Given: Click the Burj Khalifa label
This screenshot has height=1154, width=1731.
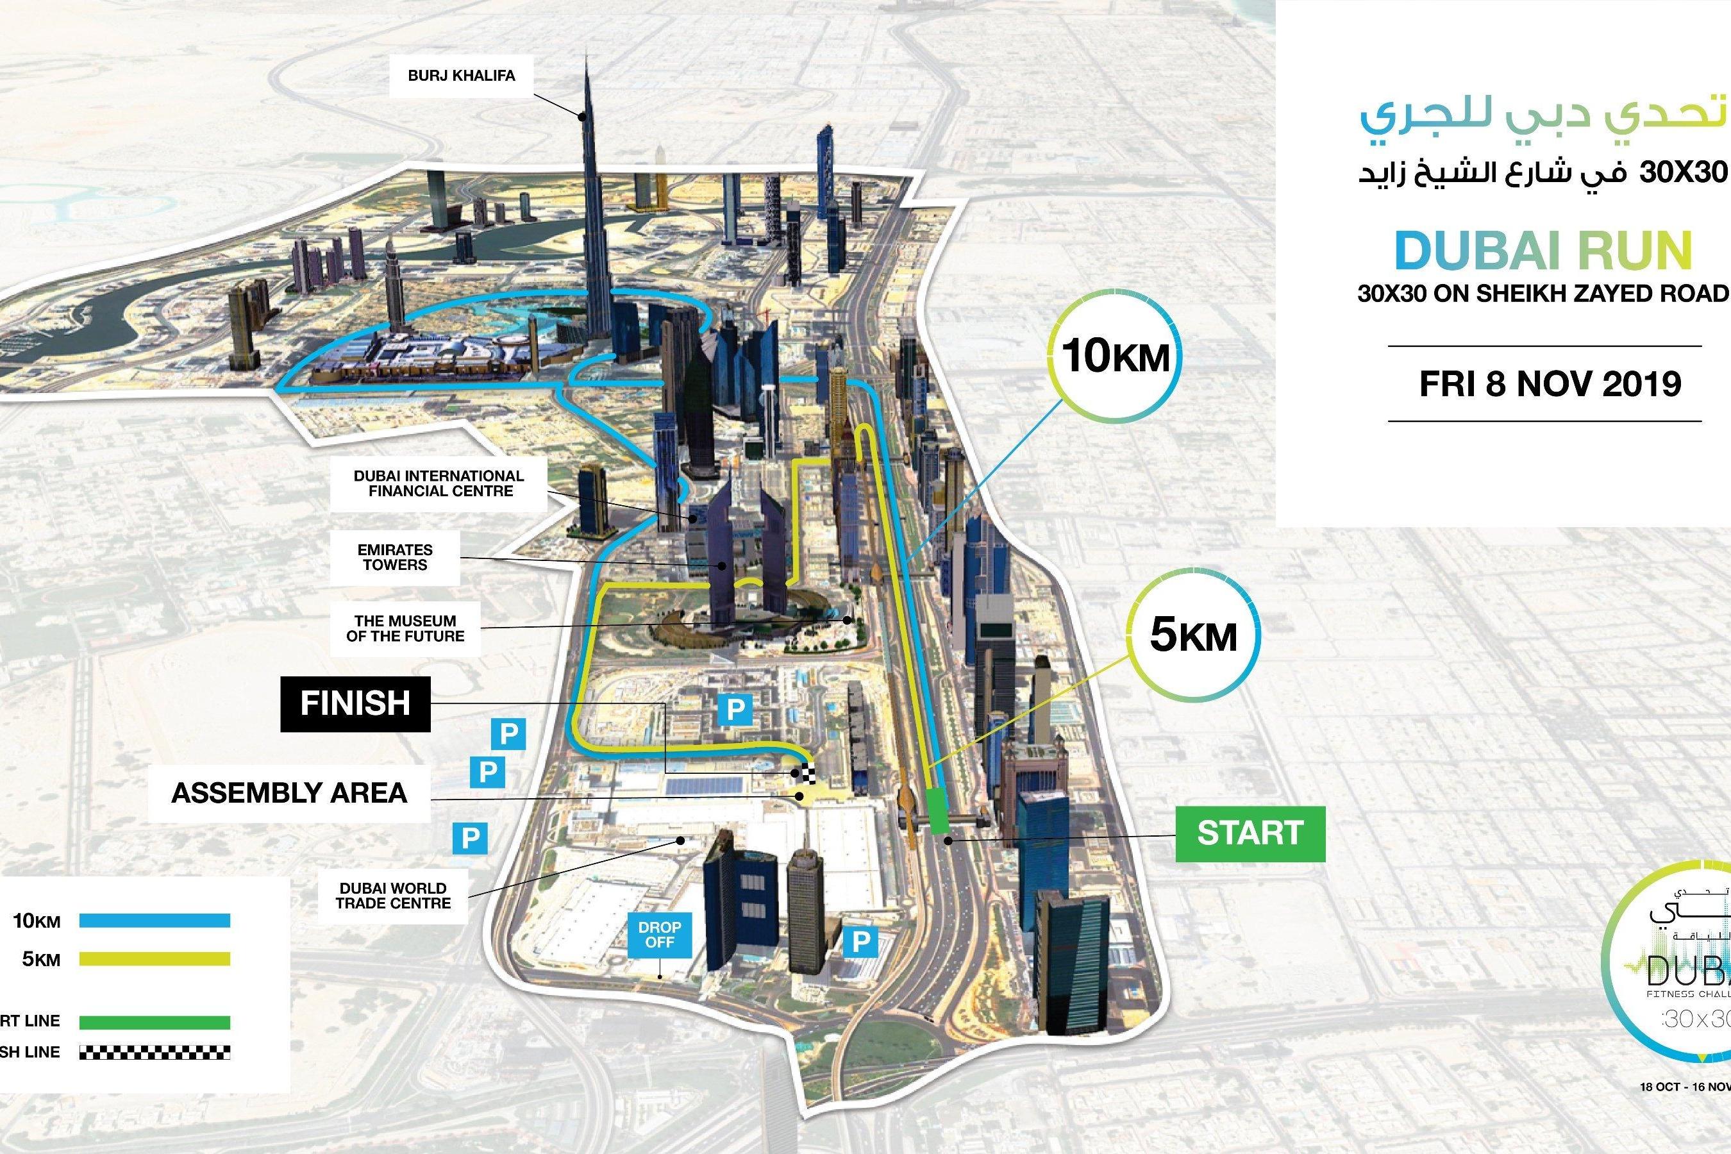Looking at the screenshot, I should tap(462, 76).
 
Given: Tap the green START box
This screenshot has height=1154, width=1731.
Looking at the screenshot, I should tap(1250, 834).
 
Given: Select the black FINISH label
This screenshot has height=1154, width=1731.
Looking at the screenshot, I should tap(355, 703).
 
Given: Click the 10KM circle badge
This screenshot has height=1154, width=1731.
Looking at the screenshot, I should tap(1116, 358).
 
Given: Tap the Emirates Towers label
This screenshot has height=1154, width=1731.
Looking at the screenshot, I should tap(394, 557).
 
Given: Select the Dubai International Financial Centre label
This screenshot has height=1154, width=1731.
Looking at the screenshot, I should tap(439, 483).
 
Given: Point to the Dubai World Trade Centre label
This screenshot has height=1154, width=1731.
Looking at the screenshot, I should tap(393, 896).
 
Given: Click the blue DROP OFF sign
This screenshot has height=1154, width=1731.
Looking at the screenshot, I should tap(660, 935).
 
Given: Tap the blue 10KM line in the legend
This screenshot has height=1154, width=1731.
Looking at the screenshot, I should tap(155, 920).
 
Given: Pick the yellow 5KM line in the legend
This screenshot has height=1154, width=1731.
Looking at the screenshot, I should tap(155, 959).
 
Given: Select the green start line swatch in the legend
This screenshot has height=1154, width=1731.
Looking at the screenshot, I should tap(155, 1023).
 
